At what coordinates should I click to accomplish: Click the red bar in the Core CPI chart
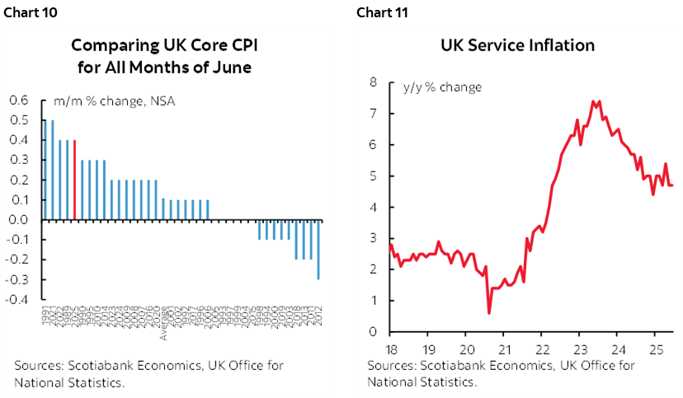point(75,180)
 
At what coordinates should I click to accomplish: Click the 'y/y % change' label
point(442,87)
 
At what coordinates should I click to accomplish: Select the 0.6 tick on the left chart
point(18,101)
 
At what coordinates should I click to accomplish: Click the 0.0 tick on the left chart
point(18,220)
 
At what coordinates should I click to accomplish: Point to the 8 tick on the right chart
point(374,82)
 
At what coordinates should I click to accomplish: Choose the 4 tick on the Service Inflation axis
point(374,207)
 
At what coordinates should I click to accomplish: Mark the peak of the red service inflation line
point(593,101)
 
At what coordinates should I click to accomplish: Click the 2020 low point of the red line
point(489,312)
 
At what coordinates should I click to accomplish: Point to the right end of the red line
point(673,185)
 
